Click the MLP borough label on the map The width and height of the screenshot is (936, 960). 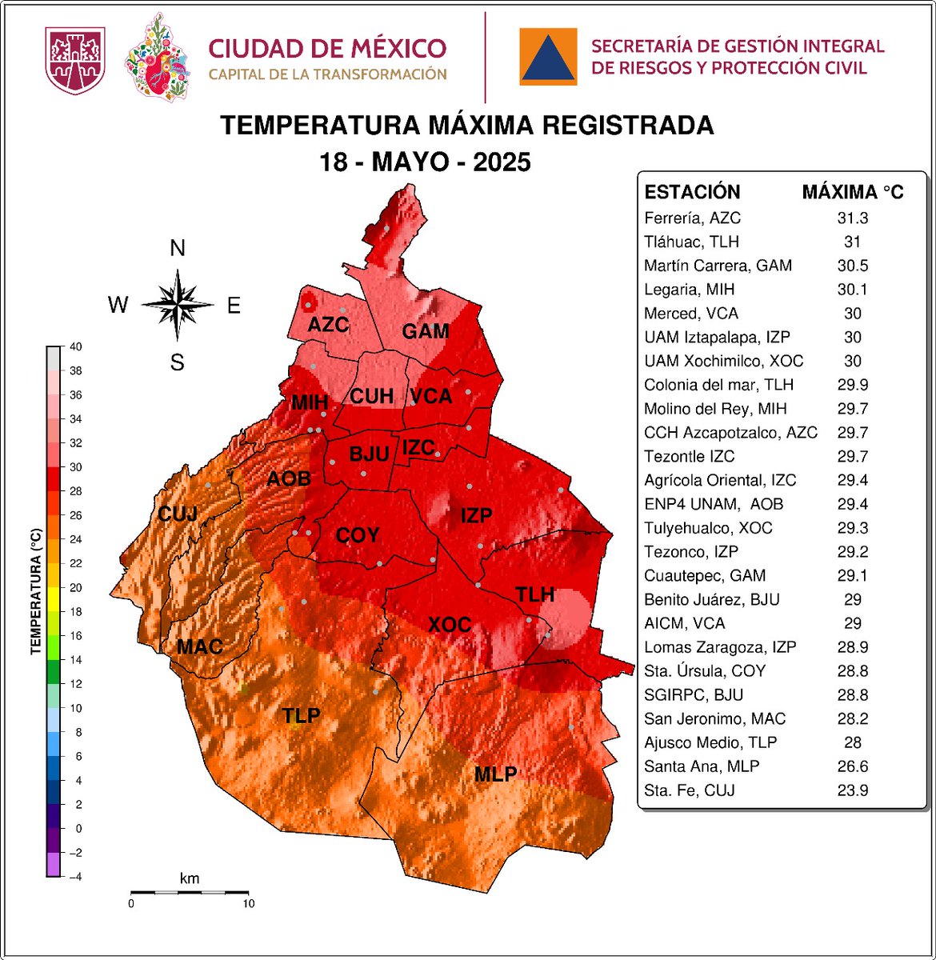tap(495, 774)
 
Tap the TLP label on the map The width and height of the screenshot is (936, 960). tap(301, 715)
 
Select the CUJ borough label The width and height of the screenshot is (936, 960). tap(178, 513)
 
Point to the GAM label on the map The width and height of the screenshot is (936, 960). tap(425, 331)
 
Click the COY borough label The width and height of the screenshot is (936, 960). tap(357, 535)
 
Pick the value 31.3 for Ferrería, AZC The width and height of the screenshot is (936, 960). tap(852, 218)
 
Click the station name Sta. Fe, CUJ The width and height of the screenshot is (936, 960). tap(689, 790)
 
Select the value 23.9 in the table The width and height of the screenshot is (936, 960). tap(852, 790)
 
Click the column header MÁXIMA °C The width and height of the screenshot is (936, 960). tap(852, 192)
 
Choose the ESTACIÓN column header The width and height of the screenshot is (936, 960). tap(692, 192)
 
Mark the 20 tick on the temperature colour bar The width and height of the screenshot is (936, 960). tap(76, 588)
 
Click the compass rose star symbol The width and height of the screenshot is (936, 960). tap(178, 305)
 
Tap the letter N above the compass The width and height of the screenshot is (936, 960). tap(178, 249)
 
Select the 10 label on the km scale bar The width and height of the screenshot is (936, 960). tap(249, 904)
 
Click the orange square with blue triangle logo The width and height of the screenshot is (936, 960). tap(548, 57)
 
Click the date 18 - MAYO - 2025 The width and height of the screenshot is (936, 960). tap(425, 162)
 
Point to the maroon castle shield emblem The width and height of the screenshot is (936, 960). tap(75, 60)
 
